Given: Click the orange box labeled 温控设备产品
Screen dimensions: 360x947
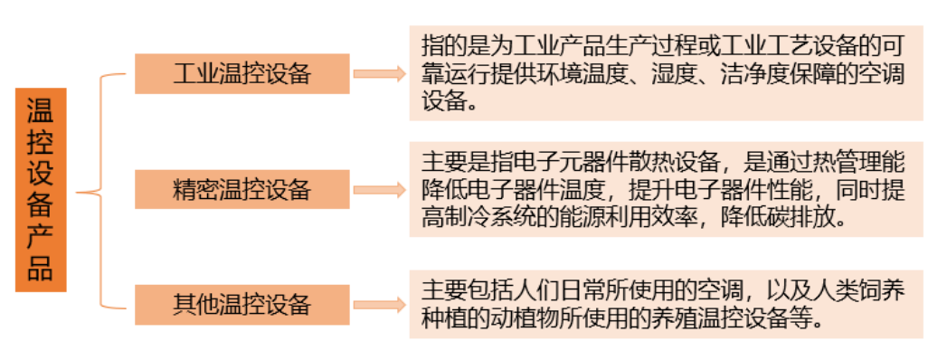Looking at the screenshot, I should tap(41, 189).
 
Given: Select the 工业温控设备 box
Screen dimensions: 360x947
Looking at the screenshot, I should tap(241, 73).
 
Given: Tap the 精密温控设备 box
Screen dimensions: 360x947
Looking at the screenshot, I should tap(241, 189).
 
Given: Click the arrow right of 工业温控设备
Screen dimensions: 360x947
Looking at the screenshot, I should tap(379, 74).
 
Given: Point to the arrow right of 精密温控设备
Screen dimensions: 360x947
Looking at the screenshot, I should tap(379, 190).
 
